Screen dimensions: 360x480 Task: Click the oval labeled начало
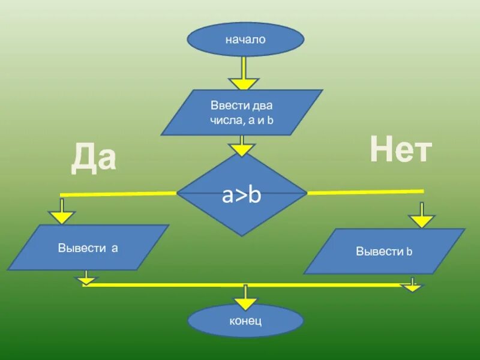tap(245, 40)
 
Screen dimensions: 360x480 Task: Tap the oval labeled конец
tap(245, 320)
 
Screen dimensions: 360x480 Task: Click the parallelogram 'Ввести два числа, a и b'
tap(242, 112)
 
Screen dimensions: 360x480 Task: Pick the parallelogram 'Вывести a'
tap(88, 247)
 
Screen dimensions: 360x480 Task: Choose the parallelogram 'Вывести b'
tap(385, 251)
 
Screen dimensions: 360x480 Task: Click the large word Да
tap(94, 158)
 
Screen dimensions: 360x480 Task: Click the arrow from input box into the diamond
tap(241, 146)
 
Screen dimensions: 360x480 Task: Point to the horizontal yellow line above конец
tap(180, 285)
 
